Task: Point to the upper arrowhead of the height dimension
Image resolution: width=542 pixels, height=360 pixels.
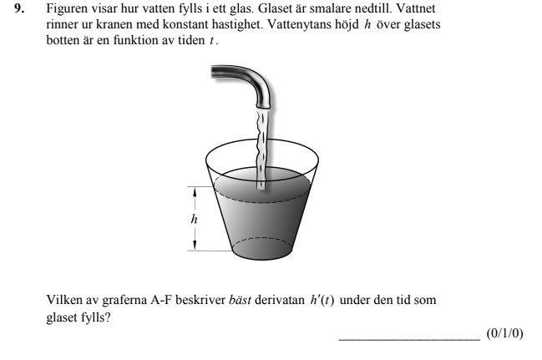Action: (x=195, y=191)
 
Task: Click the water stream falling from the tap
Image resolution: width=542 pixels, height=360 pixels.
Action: (x=262, y=146)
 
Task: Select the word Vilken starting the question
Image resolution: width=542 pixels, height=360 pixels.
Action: (x=63, y=300)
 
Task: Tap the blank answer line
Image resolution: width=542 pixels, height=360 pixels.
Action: (x=408, y=338)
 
